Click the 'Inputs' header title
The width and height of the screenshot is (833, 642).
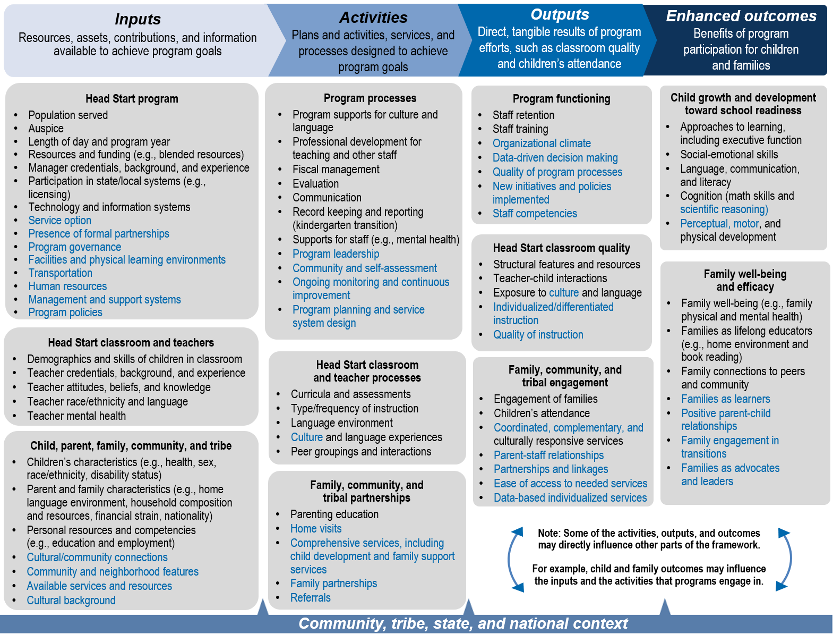click(x=138, y=19)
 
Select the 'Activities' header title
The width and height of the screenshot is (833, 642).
click(x=373, y=18)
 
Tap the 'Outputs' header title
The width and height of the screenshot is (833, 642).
click(x=560, y=14)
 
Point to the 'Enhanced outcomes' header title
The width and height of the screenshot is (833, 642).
click(x=741, y=16)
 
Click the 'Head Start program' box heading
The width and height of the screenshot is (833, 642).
click(x=132, y=99)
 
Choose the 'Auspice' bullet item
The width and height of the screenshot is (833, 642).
click(x=46, y=129)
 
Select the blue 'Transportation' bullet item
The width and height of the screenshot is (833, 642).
click(x=61, y=273)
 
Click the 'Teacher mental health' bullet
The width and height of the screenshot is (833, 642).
click(x=76, y=416)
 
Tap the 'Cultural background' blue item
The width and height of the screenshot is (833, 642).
click(x=71, y=601)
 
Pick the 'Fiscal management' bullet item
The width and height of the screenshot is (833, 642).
click(x=336, y=170)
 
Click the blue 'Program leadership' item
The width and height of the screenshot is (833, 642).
click(x=336, y=254)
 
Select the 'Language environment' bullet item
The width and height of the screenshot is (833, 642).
click(x=342, y=423)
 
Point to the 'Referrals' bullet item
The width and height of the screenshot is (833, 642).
click(x=311, y=598)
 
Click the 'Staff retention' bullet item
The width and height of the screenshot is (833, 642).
click(x=523, y=115)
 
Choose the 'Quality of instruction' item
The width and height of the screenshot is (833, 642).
click(x=538, y=335)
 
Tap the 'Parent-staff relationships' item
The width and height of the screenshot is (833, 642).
click(x=549, y=455)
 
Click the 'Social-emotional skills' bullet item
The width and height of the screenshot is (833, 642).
click(x=729, y=155)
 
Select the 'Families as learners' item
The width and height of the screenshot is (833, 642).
click(x=726, y=399)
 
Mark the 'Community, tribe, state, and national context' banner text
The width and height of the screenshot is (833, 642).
click(x=463, y=623)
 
